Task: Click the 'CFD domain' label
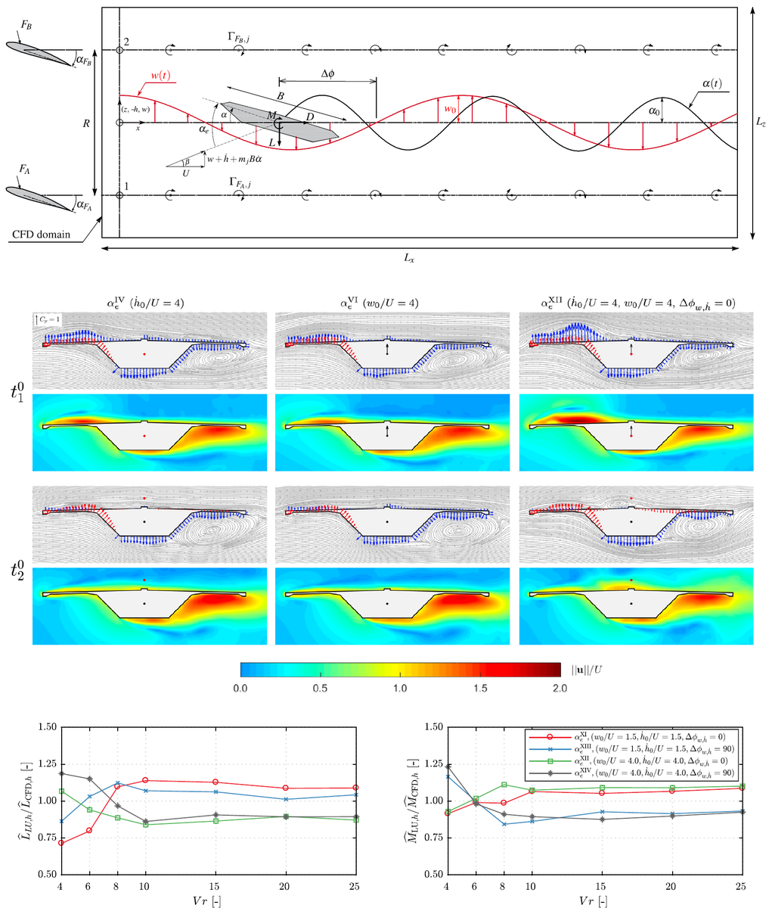(x=42, y=235)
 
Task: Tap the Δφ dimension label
(x=327, y=73)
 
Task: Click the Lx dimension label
(x=410, y=259)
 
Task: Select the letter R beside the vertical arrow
(x=88, y=123)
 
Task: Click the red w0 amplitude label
(x=450, y=110)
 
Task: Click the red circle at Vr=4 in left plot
(x=60, y=842)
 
